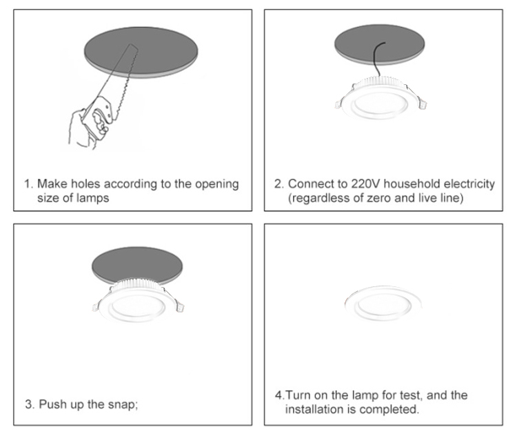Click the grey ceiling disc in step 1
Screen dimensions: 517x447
[x=141, y=52]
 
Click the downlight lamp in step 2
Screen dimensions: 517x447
[x=380, y=98]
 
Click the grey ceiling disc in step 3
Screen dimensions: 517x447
[x=137, y=264]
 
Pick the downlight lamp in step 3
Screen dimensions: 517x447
[x=138, y=300]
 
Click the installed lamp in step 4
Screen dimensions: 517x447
[x=383, y=303]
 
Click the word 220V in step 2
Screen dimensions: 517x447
[x=365, y=183]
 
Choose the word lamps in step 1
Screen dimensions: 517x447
[x=92, y=198]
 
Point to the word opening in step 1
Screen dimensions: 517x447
[x=216, y=184]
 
